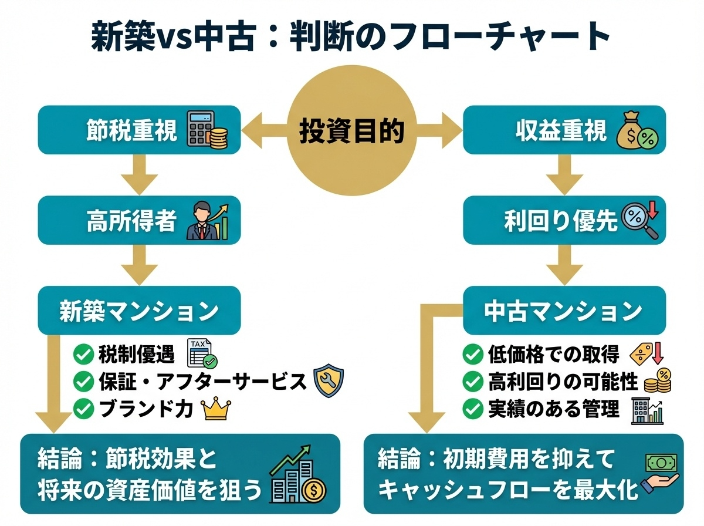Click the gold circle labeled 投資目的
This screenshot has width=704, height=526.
(x=352, y=130)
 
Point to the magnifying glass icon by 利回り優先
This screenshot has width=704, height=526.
(x=640, y=222)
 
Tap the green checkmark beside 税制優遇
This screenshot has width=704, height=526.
(x=83, y=354)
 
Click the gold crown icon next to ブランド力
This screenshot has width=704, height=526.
(x=215, y=409)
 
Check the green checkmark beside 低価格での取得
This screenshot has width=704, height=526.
(x=473, y=354)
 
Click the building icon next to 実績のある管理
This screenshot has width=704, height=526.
(x=647, y=409)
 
